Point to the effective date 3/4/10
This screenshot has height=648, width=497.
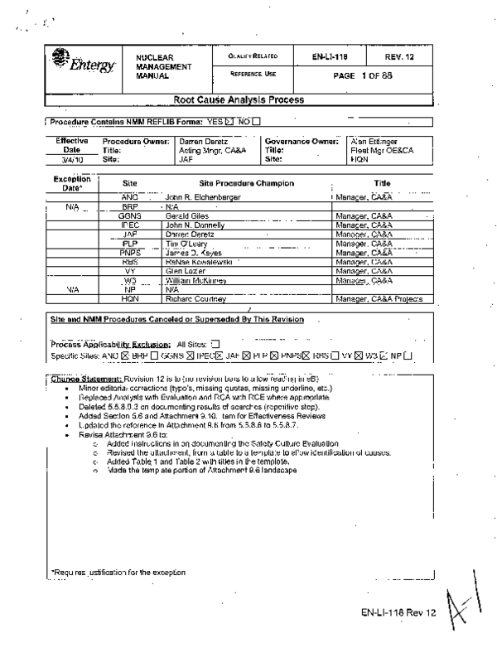coord(71,159)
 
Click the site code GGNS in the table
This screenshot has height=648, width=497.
coord(130,214)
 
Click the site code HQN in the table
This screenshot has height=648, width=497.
coord(130,298)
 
